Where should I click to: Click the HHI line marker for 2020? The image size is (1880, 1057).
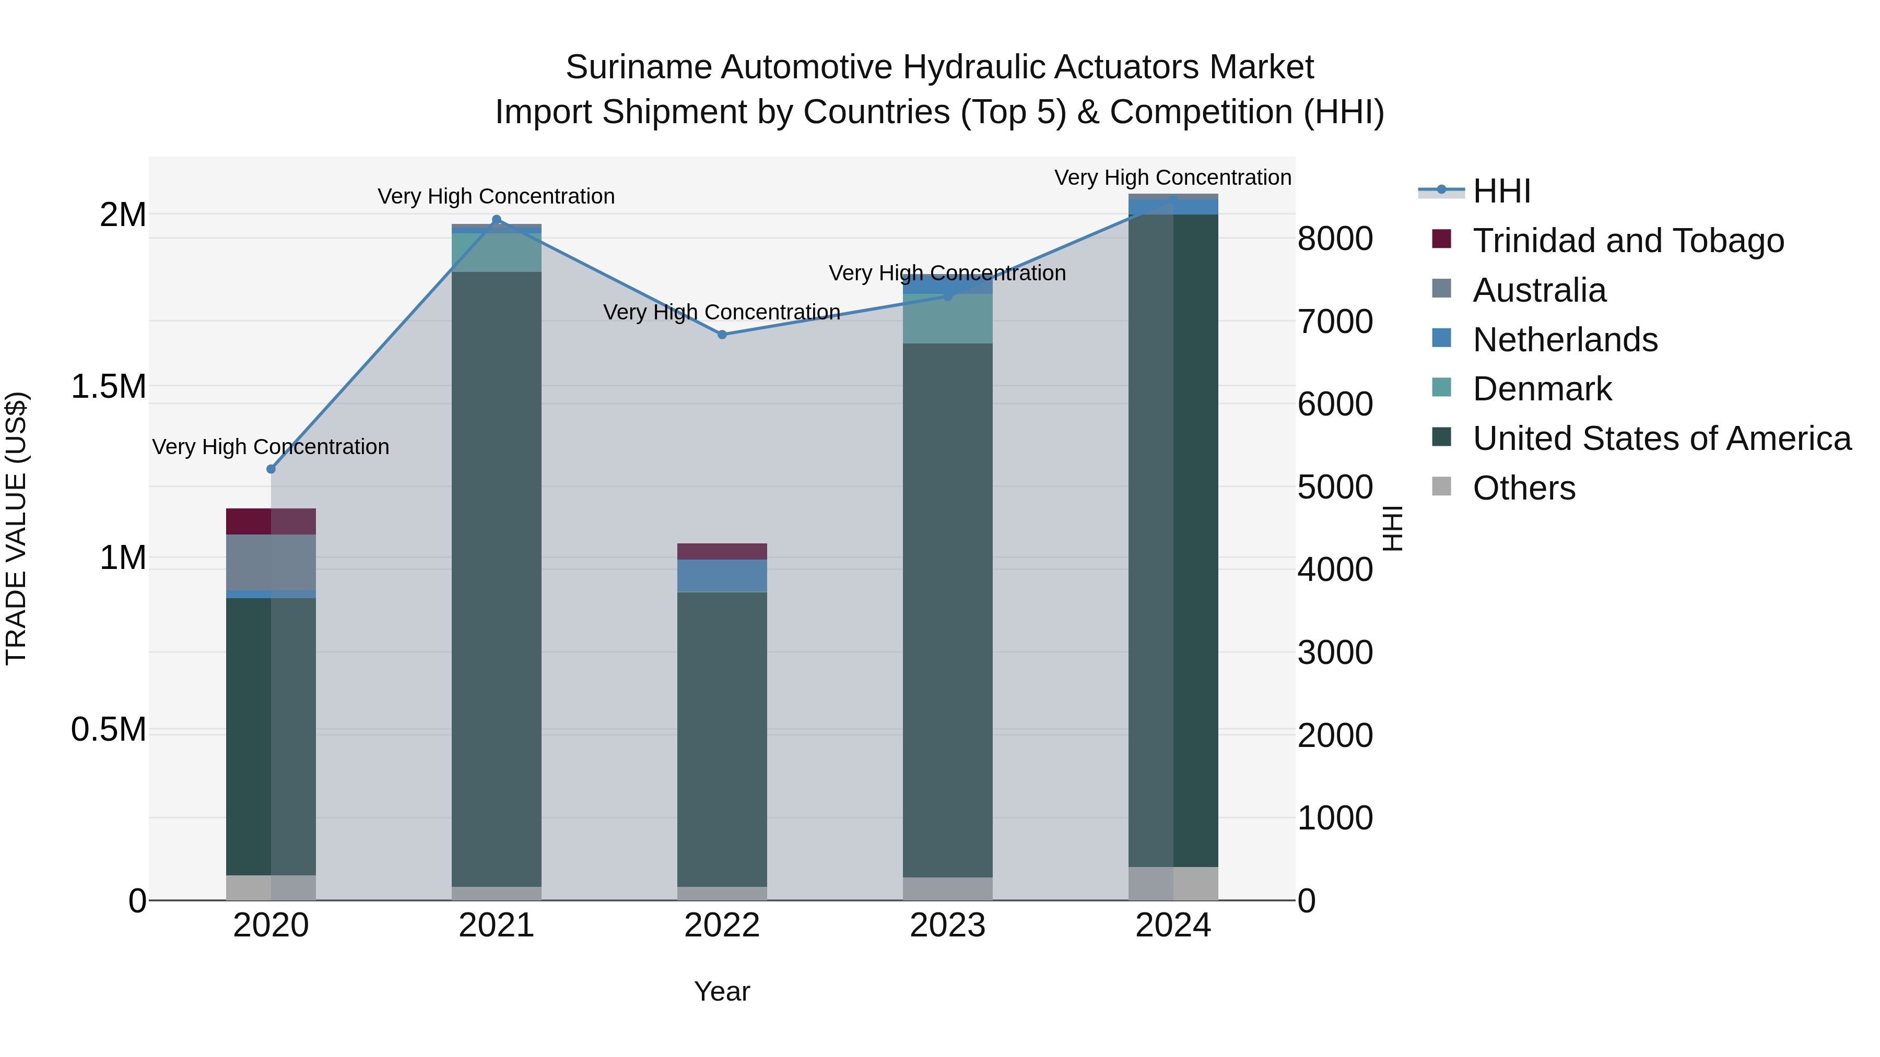point(271,469)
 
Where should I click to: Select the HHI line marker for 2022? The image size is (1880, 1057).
point(722,335)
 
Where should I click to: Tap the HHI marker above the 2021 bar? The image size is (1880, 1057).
point(496,220)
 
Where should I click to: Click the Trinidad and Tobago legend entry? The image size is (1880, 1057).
point(1627,241)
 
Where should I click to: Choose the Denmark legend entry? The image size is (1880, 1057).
point(1542,389)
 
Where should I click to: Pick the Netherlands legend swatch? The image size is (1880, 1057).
point(1441,338)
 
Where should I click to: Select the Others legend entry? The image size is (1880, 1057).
point(1523,488)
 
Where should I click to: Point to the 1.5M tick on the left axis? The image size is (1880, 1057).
point(109,387)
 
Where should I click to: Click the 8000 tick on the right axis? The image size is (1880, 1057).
point(1335,239)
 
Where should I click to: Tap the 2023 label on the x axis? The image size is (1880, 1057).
point(947,925)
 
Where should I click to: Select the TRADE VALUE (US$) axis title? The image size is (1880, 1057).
point(16,528)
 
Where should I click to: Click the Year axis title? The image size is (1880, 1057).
point(722,991)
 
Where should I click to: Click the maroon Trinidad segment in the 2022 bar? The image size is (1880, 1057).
point(722,552)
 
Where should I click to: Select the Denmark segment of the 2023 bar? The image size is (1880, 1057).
point(947,319)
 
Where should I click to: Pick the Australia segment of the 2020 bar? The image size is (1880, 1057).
point(271,562)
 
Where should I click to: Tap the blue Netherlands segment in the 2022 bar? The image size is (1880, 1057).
point(722,576)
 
